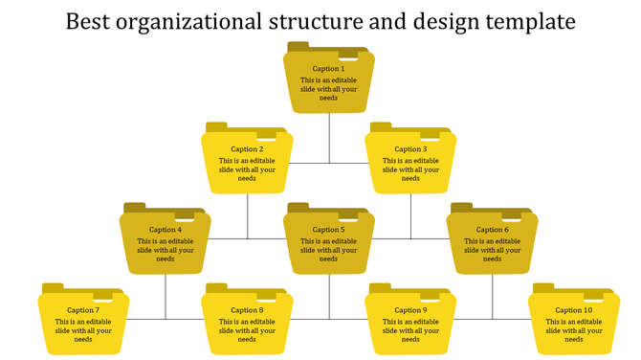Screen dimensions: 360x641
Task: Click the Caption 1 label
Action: coord(329,69)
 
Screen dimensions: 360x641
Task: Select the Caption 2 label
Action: coord(247,149)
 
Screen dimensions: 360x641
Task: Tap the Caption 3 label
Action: coord(410,149)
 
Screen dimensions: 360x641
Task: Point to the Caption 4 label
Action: coord(166,230)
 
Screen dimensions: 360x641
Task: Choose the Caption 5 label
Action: coord(328,230)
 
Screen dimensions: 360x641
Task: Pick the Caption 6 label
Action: coord(493,230)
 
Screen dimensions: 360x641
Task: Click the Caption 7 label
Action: coord(83,310)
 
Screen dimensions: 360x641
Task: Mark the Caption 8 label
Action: coord(247,310)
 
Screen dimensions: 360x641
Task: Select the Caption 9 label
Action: coord(410,310)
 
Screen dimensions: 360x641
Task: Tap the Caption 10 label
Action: coord(574,310)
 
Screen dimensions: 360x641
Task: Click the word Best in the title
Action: coord(88,21)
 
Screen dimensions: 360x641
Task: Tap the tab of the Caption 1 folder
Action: coord(298,46)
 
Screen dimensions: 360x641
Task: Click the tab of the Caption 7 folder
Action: coord(53,287)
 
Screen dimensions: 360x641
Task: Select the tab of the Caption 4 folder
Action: coord(135,207)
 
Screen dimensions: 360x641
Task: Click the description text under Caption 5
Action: coord(328,250)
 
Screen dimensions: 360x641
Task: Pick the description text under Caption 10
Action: coord(574,330)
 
